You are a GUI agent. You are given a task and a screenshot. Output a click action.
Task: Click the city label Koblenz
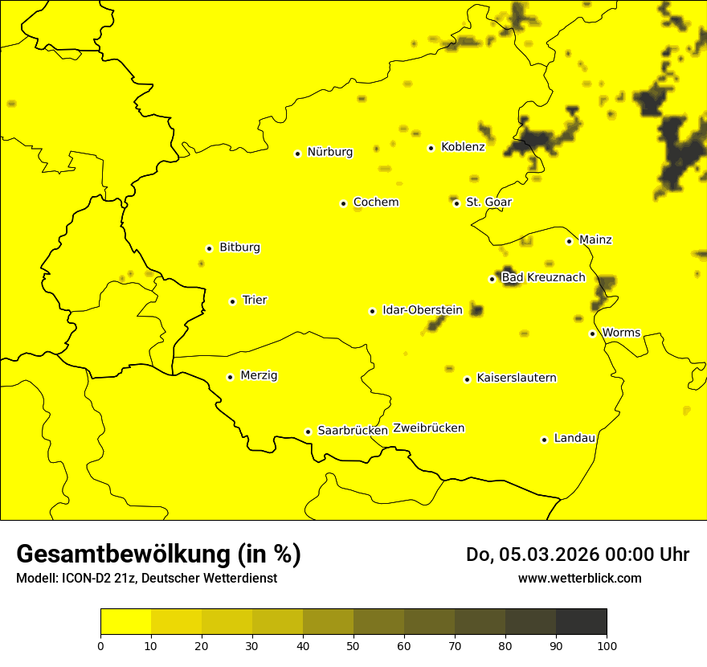[x=463, y=147]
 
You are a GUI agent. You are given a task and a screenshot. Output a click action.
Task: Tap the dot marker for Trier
[x=233, y=301]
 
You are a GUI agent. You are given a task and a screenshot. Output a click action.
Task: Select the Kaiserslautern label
[x=517, y=378]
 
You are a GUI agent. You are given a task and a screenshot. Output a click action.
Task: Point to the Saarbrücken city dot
[x=308, y=432]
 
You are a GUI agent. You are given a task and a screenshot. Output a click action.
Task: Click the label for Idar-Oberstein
[x=423, y=310]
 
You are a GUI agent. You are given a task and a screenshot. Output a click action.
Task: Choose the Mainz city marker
[x=569, y=241]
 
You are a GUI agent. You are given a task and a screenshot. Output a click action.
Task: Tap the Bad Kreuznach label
[x=543, y=278]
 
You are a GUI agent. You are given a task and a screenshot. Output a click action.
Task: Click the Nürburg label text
[x=329, y=152]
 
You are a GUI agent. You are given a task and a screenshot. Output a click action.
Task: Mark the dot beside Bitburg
[x=209, y=248]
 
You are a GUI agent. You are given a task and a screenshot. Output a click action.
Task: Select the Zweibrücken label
[x=429, y=428]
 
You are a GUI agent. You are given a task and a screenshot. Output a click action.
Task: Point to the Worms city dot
[x=592, y=333]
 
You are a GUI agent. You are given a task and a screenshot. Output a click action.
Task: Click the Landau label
[x=574, y=438]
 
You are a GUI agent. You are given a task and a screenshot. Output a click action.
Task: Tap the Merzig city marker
[x=230, y=377]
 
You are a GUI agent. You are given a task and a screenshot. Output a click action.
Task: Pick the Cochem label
[x=376, y=203]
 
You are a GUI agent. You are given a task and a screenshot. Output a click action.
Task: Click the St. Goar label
[x=488, y=203]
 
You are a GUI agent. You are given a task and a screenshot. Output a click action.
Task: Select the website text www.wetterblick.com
[x=579, y=578]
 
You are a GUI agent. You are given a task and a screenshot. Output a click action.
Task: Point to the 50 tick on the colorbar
[x=353, y=645]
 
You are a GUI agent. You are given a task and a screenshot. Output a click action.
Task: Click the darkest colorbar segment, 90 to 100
[x=581, y=621]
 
